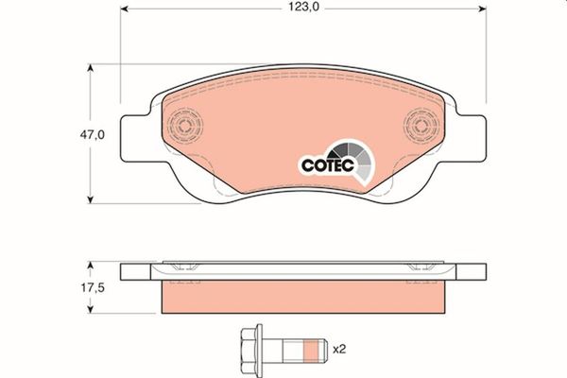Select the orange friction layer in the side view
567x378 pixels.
(302, 298)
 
